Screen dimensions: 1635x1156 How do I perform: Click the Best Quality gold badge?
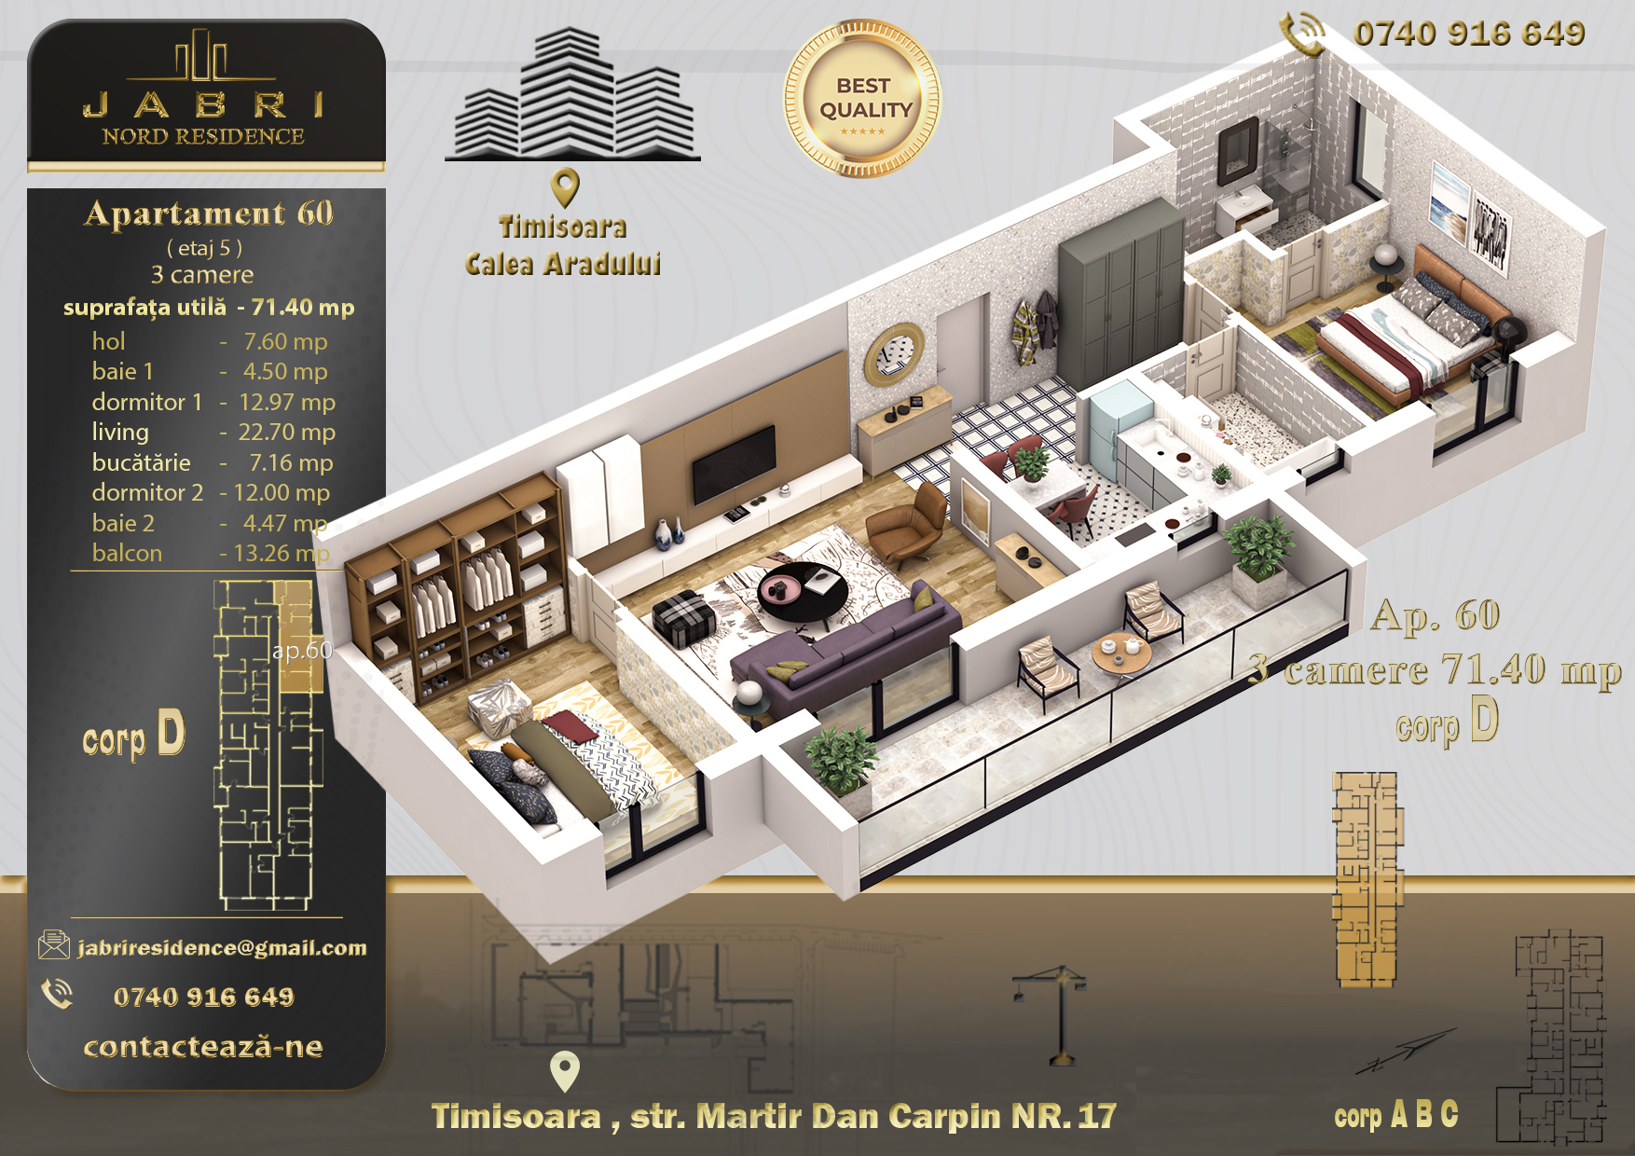click(862, 99)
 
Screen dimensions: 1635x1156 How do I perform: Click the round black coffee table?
click(803, 594)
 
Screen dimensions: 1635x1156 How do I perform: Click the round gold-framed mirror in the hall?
click(894, 353)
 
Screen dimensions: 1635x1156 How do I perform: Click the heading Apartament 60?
click(209, 213)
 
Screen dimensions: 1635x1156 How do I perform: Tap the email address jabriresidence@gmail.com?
click(222, 948)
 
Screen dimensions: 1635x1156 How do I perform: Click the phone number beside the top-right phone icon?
click(1469, 34)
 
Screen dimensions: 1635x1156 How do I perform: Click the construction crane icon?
click(1051, 1014)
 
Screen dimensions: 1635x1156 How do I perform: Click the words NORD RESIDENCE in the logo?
click(203, 136)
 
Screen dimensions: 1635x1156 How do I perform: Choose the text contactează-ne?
click(203, 1047)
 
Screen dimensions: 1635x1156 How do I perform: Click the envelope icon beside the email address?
click(54, 945)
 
